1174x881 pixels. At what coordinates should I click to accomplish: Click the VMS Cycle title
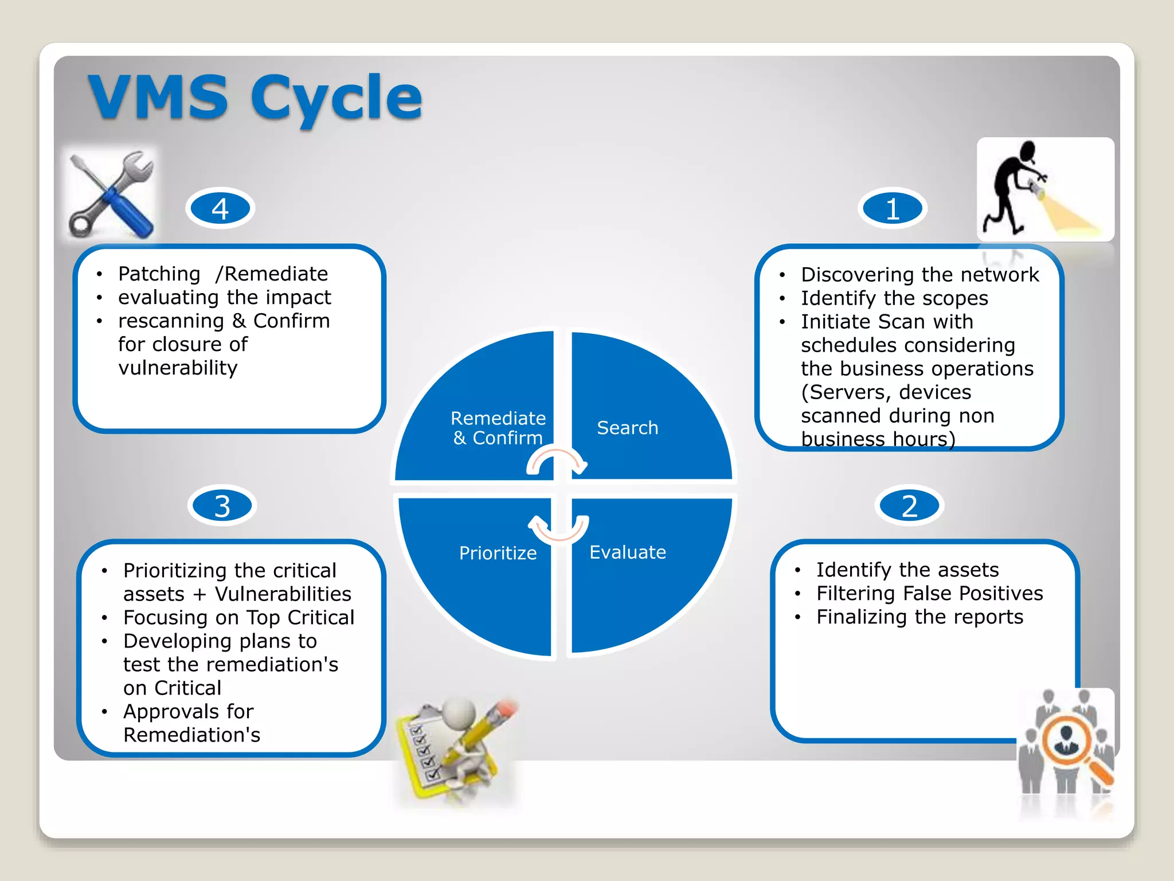click(x=255, y=98)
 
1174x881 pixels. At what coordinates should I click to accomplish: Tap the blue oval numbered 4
click(x=220, y=208)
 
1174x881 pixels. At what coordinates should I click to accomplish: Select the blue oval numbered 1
click(x=893, y=208)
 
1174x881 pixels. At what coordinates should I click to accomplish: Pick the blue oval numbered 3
click(x=222, y=506)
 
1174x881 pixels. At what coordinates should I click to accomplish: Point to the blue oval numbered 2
click(x=909, y=506)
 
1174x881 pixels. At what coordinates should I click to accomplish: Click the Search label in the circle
click(x=627, y=428)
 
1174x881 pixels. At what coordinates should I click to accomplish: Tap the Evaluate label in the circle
click(x=627, y=552)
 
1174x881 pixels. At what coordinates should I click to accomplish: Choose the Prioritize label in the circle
click(x=498, y=553)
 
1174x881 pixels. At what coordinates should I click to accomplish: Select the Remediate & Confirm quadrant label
click(x=498, y=428)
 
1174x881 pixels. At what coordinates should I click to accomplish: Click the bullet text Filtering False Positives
click(x=929, y=593)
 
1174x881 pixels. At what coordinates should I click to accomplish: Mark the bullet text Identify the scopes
click(x=894, y=298)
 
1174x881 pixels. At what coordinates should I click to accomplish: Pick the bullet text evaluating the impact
click(x=224, y=297)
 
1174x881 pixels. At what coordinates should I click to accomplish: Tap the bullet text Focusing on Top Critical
click(x=238, y=617)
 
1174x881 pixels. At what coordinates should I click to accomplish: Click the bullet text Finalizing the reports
click(x=919, y=617)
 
